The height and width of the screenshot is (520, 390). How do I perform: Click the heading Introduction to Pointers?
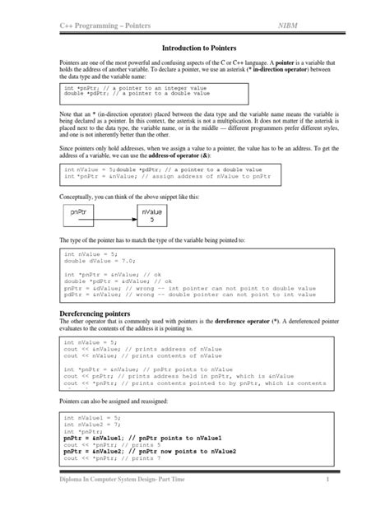point(194,49)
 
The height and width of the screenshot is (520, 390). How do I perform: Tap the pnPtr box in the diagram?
point(82,216)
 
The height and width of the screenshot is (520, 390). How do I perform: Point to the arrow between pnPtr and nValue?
point(119,216)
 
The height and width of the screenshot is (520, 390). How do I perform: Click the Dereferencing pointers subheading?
point(97,315)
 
